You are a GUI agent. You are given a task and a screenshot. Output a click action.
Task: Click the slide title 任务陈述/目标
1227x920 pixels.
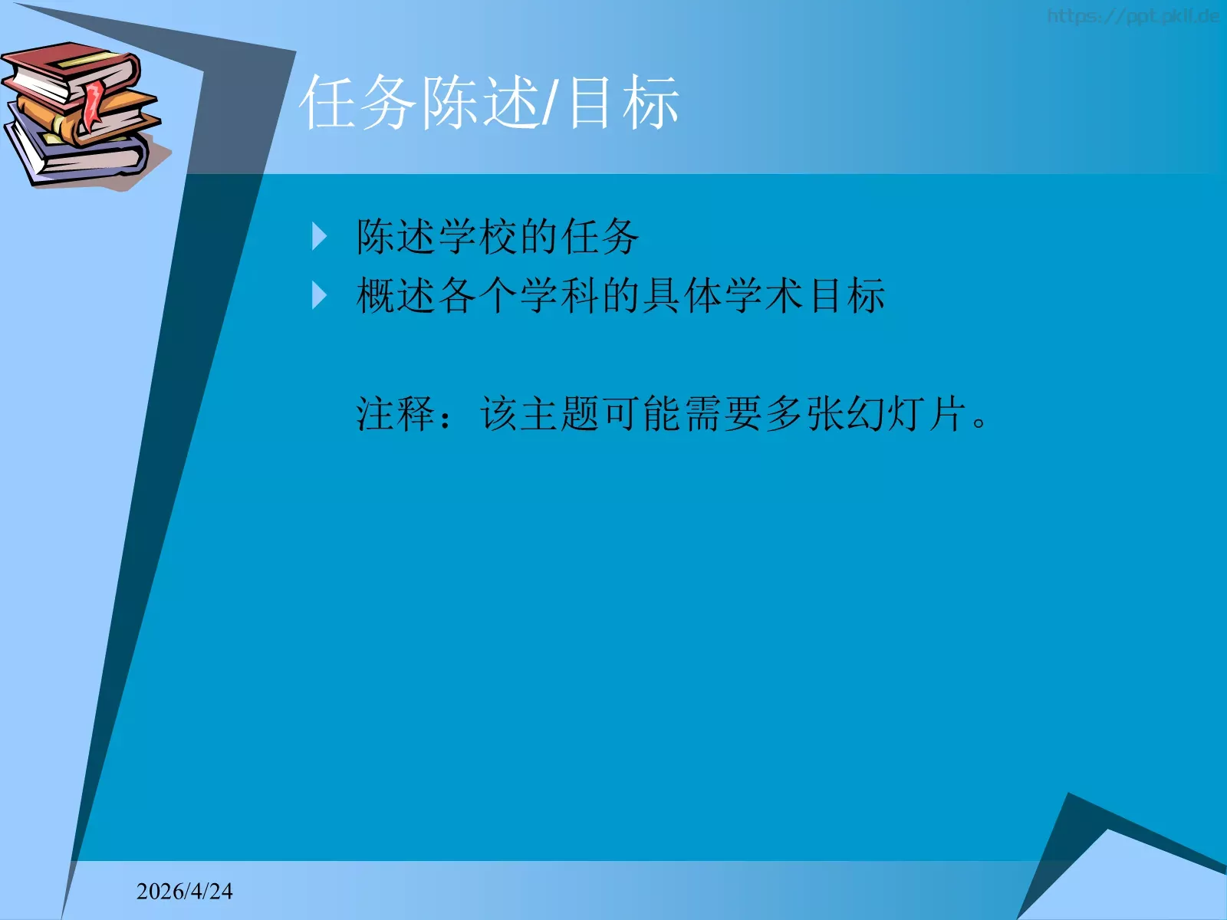coord(489,103)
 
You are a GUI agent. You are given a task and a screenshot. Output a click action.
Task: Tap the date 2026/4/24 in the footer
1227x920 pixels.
coord(184,891)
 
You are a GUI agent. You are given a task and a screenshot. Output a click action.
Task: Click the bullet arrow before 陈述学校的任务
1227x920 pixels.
coord(320,237)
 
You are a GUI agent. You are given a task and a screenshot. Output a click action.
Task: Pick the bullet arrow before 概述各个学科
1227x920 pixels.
coord(320,295)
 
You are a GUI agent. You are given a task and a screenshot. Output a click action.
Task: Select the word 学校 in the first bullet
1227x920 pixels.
coord(477,236)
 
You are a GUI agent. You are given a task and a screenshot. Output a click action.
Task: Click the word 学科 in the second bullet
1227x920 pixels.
coord(560,295)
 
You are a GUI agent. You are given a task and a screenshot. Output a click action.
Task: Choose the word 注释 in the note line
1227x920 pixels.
coord(396,414)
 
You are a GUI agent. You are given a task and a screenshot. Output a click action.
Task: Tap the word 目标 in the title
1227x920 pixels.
coord(623,103)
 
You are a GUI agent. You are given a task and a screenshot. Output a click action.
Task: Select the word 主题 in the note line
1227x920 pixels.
coord(560,414)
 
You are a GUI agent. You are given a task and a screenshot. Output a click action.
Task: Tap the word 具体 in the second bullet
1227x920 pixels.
coord(683,295)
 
